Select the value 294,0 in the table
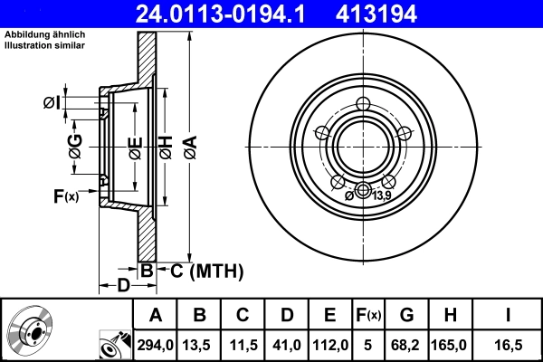coord(155,345)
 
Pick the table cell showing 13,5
coord(198,345)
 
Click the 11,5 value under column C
coord(242,345)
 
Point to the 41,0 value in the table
coord(285,345)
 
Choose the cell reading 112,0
coord(329,345)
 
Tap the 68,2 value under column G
coord(406,345)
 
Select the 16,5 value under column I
coord(509,345)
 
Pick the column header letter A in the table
coord(155,315)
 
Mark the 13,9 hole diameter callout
coord(381,195)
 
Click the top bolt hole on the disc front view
coord(364,103)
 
